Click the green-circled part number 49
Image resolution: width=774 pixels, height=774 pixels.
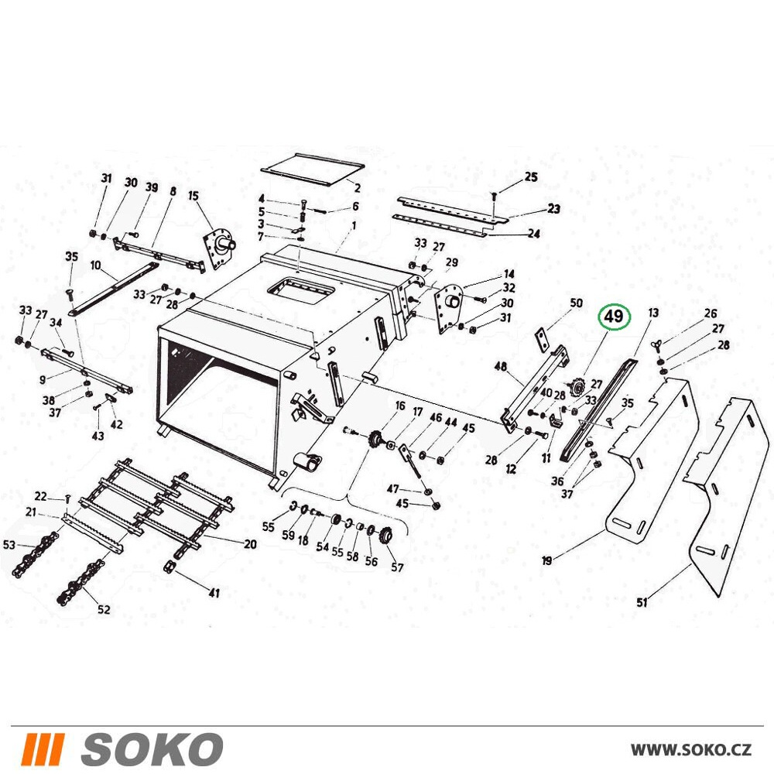pyautogui.click(x=614, y=316)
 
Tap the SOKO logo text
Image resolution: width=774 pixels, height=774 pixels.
pyautogui.click(x=152, y=748)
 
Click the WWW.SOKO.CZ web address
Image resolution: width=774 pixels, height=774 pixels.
pyautogui.click(x=691, y=750)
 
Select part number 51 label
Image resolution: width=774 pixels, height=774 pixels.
pyautogui.click(x=642, y=602)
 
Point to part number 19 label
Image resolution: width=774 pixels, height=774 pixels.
pyautogui.click(x=546, y=560)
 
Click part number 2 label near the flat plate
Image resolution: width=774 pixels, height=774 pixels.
pyautogui.click(x=358, y=188)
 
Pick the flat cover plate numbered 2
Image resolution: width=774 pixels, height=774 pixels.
pyautogui.click(x=313, y=170)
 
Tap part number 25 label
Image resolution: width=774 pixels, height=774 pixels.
pyautogui.click(x=531, y=176)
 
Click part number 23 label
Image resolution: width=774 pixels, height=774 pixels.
pyautogui.click(x=554, y=208)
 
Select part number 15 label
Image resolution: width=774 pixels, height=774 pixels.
pyautogui.click(x=193, y=196)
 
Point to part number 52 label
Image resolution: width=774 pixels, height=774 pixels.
pyautogui.click(x=104, y=609)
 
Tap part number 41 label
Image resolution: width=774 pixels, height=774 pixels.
pyautogui.click(x=214, y=592)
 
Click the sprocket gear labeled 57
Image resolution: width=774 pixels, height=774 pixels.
pyautogui.click(x=385, y=536)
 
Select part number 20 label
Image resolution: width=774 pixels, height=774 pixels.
pyautogui.click(x=250, y=544)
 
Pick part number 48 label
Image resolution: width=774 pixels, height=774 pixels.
pyautogui.click(x=501, y=366)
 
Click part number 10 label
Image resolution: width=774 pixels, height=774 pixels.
pyautogui.click(x=95, y=265)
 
